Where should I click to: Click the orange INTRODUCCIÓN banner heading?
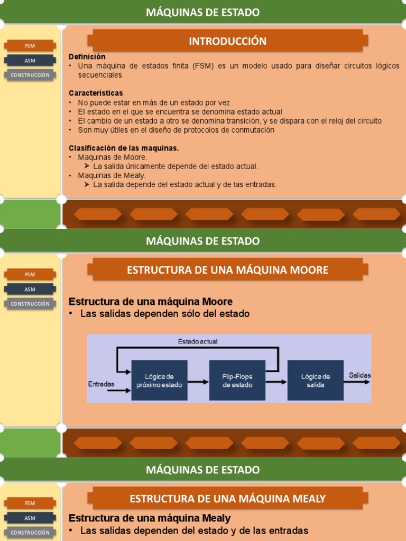[227, 41]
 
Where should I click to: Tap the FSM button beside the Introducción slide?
[30, 45]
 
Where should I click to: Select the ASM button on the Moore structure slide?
[30, 289]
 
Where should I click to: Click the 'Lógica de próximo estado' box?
[159, 380]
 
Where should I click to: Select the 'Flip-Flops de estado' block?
[237, 380]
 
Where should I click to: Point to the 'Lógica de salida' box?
[316, 380]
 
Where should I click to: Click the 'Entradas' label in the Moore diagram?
[101, 384]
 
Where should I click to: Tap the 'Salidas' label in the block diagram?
[359, 375]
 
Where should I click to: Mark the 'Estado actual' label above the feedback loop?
[197, 341]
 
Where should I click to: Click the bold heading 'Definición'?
[87, 57]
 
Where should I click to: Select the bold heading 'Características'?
[96, 93]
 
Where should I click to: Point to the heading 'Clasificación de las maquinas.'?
[124, 148]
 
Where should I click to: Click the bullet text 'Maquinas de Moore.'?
[113, 157]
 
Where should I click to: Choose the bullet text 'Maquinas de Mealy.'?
[112, 175]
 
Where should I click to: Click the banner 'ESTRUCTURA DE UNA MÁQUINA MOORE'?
[227, 270]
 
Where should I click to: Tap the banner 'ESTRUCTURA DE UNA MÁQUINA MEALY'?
[227, 499]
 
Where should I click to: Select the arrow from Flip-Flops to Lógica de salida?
[276, 381]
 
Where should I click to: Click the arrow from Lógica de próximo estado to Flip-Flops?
[198, 381]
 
